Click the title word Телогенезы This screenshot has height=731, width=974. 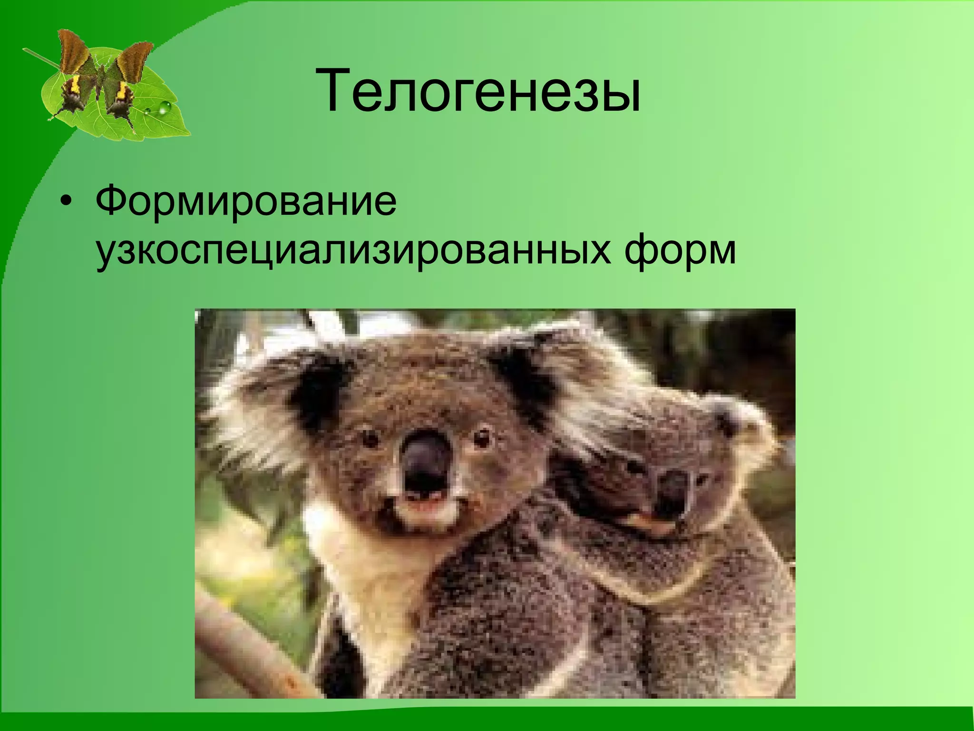[x=480, y=91]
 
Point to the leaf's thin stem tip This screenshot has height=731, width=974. [x=26, y=49]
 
